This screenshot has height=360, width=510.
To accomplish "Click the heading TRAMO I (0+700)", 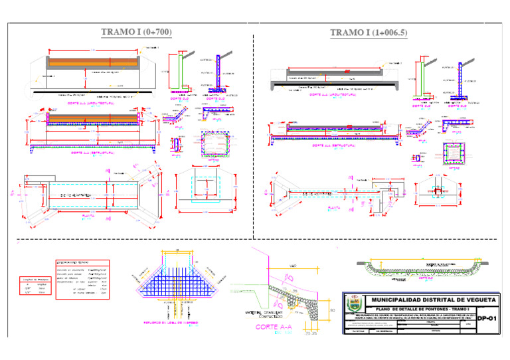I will point(136,32).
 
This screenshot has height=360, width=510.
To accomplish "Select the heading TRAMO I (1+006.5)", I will point(369,33).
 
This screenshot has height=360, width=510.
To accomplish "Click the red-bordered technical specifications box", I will point(92,280).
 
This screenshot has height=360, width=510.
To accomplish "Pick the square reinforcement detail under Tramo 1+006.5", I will point(454,153).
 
